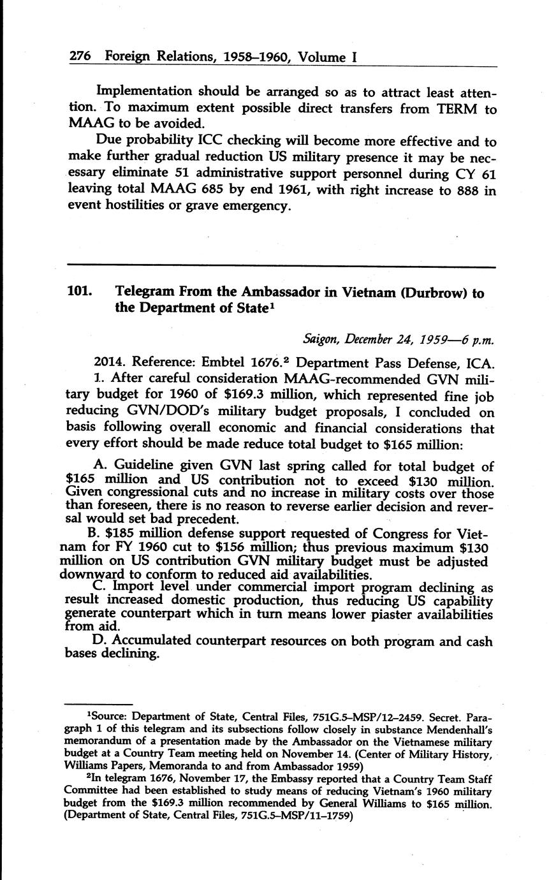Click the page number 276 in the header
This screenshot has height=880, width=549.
point(78,57)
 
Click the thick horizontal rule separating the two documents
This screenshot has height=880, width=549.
point(281,266)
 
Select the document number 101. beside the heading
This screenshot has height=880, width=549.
point(81,293)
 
